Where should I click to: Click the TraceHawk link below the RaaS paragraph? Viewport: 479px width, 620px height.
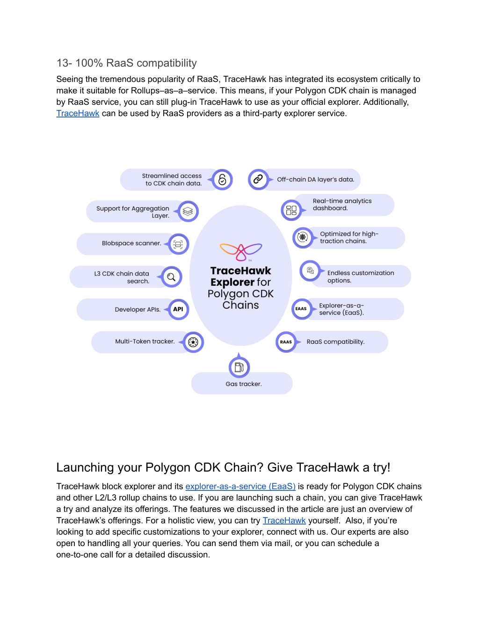pyautogui.click(x=78, y=113)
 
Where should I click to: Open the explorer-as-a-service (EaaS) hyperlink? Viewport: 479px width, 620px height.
pyautogui.click(x=240, y=486)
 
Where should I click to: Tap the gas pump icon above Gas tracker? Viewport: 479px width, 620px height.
pyautogui.click(x=239, y=367)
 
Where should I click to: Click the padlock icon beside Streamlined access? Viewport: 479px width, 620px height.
pyautogui.click(x=222, y=180)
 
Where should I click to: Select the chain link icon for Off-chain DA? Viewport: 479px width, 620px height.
pyautogui.click(x=258, y=179)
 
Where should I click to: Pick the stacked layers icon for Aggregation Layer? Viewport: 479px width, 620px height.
pyautogui.click(x=188, y=211)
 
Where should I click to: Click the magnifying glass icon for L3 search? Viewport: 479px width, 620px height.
pyautogui.click(x=171, y=277)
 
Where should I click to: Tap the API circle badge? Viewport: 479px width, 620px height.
pyautogui.click(x=178, y=309)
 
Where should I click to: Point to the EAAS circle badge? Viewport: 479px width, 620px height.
pyautogui.click(x=301, y=309)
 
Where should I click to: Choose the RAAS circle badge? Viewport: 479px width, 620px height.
pyautogui.click(x=286, y=342)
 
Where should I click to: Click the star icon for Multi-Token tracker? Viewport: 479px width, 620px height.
pyautogui.click(x=193, y=342)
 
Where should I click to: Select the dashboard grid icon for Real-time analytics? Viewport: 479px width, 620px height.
pyautogui.click(x=291, y=210)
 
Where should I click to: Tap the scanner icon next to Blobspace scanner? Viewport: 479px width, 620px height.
pyautogui.click(x=178, y=244)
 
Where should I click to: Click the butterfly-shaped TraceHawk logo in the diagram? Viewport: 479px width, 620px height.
pyautogui.click(x=241, y=252)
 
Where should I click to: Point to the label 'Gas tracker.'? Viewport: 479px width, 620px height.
pyautogui.click(x=244, y=384)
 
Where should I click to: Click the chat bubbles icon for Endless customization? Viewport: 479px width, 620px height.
pyautogui.click(x=310, y=270)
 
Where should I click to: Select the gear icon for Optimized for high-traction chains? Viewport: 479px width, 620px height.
pyautogui.click(x=303, y=237)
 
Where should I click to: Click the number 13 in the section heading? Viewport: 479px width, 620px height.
pyautogui.click(x=62, y=63)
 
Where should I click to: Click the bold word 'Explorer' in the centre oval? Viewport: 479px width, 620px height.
pyautogui.click(x=232, y=282)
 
